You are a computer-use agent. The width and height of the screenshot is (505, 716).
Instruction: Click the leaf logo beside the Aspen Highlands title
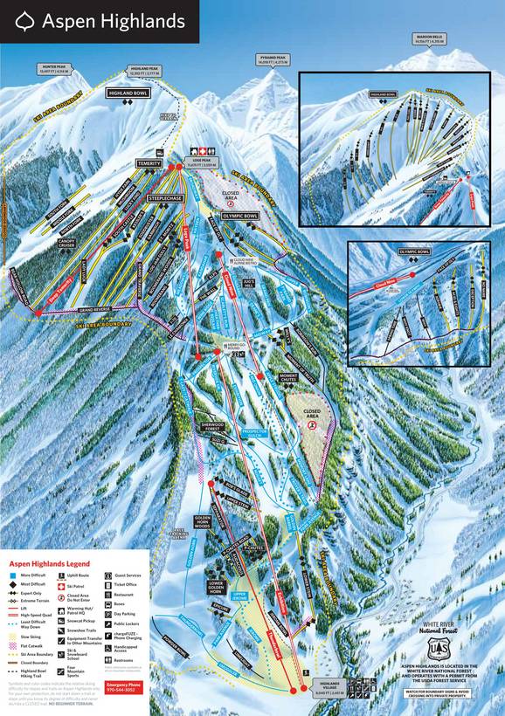pos(24,21)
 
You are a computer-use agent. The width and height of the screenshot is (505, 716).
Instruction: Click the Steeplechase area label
pos(164,199)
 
